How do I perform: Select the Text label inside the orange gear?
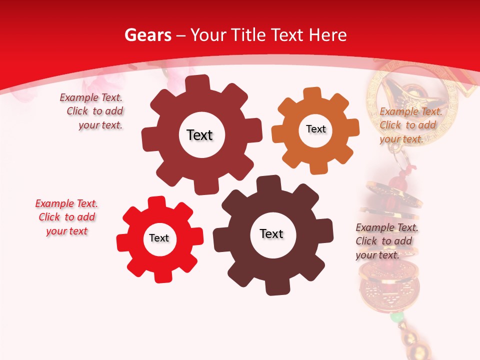315,129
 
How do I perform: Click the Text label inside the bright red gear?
159,238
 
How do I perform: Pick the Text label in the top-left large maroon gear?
199,135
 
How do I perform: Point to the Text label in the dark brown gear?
271,233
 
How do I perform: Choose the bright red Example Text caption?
66,217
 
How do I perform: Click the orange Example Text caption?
410,125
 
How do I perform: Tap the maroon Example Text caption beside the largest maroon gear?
93,111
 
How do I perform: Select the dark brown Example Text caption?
386,241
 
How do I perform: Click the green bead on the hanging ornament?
396,317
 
